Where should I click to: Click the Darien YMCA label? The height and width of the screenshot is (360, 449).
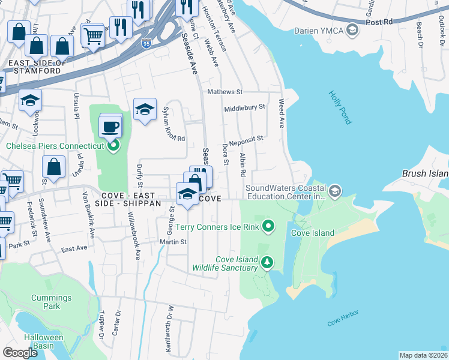(318, 30)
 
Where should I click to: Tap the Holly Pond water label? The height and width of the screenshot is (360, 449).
(340, 107)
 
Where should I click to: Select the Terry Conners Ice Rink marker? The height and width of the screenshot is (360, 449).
(269, 226)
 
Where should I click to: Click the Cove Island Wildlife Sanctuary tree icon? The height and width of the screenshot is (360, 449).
(267, 262)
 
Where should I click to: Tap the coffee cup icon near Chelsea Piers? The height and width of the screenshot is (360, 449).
(111, 127)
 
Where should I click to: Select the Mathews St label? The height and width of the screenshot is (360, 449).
(224, 92)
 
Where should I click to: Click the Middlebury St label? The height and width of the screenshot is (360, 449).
(244, 108)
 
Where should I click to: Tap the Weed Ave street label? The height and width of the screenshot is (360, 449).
(280, 113)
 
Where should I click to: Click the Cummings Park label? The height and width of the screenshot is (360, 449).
(52, 302)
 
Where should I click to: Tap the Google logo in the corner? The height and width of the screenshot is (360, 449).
(20, 353)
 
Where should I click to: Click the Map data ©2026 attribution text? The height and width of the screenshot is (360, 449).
(423, 355)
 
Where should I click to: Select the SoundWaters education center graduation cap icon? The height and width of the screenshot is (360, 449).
(334, 191)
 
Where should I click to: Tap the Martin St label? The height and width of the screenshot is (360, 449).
(173, 242)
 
